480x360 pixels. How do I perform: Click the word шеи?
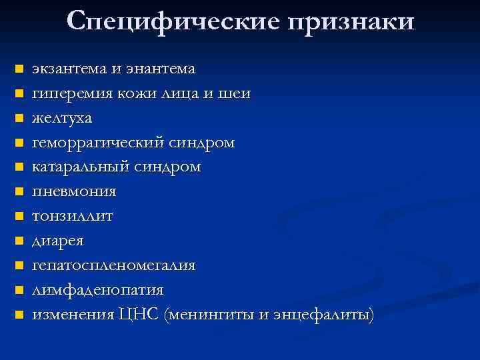[236, 94]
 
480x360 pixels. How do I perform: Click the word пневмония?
[75, 192]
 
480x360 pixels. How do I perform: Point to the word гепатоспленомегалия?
[114, 265]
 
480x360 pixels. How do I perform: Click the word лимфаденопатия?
[98, 290]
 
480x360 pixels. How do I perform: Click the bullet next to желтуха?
[20, 119]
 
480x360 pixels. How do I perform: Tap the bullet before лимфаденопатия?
[20, 290]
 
